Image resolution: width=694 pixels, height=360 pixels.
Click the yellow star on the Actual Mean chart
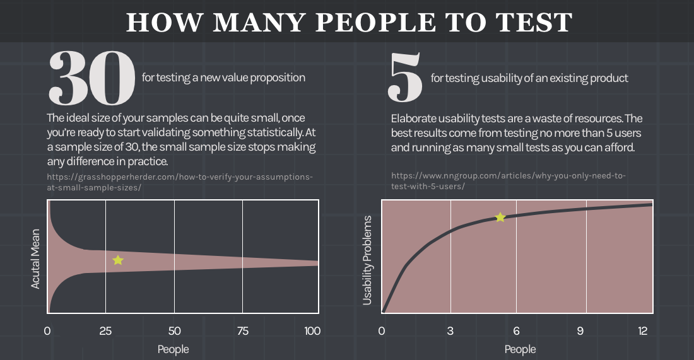117,260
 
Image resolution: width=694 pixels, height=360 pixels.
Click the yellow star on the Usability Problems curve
500,218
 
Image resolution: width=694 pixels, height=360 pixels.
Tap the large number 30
92,79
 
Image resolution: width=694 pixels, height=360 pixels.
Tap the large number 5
406,79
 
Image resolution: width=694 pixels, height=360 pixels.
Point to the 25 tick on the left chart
105,331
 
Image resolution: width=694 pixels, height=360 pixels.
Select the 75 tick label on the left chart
243,331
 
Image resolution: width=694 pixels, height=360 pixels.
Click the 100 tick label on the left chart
312,331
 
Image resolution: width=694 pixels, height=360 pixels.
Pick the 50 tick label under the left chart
174,331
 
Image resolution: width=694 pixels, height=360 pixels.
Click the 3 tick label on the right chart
450,331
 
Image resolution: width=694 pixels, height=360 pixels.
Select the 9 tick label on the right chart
587,331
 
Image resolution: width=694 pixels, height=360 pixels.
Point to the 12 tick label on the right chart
643,331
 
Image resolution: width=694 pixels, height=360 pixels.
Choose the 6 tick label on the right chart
516,331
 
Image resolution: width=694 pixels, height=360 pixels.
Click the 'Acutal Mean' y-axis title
35,258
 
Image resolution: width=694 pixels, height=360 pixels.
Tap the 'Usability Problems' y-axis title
367,260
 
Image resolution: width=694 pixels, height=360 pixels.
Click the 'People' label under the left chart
173,349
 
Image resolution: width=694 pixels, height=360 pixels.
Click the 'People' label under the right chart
520,349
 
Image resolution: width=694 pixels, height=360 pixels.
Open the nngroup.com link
508,181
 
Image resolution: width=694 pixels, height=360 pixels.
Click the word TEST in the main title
531,23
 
